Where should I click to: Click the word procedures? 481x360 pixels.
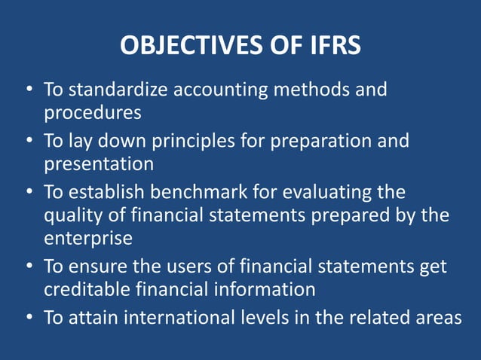point(92,113)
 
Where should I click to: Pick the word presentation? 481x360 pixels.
point(98,163)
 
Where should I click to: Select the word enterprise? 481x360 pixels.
point(87,239)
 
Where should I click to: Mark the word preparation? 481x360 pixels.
point(332,141)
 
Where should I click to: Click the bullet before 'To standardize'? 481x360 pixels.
point(29,90)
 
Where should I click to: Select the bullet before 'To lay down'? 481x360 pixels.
point(29,141)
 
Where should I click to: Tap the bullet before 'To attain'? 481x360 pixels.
point(29,317)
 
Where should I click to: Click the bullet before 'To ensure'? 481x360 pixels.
point(29,267)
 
